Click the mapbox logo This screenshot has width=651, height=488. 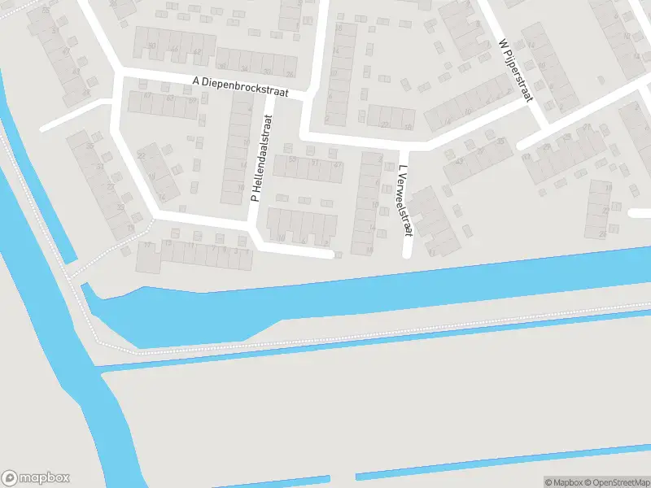[x=37, y=478]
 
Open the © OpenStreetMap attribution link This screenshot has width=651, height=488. [x=615, y=482]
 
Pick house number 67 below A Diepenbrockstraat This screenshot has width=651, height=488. [x=148, y=96]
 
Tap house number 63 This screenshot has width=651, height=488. [x=170, y=98]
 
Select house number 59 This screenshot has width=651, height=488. [x=192, y=100]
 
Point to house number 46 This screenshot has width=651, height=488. [x=174, y=49]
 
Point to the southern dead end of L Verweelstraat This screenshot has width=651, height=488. [x=406, y=255]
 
